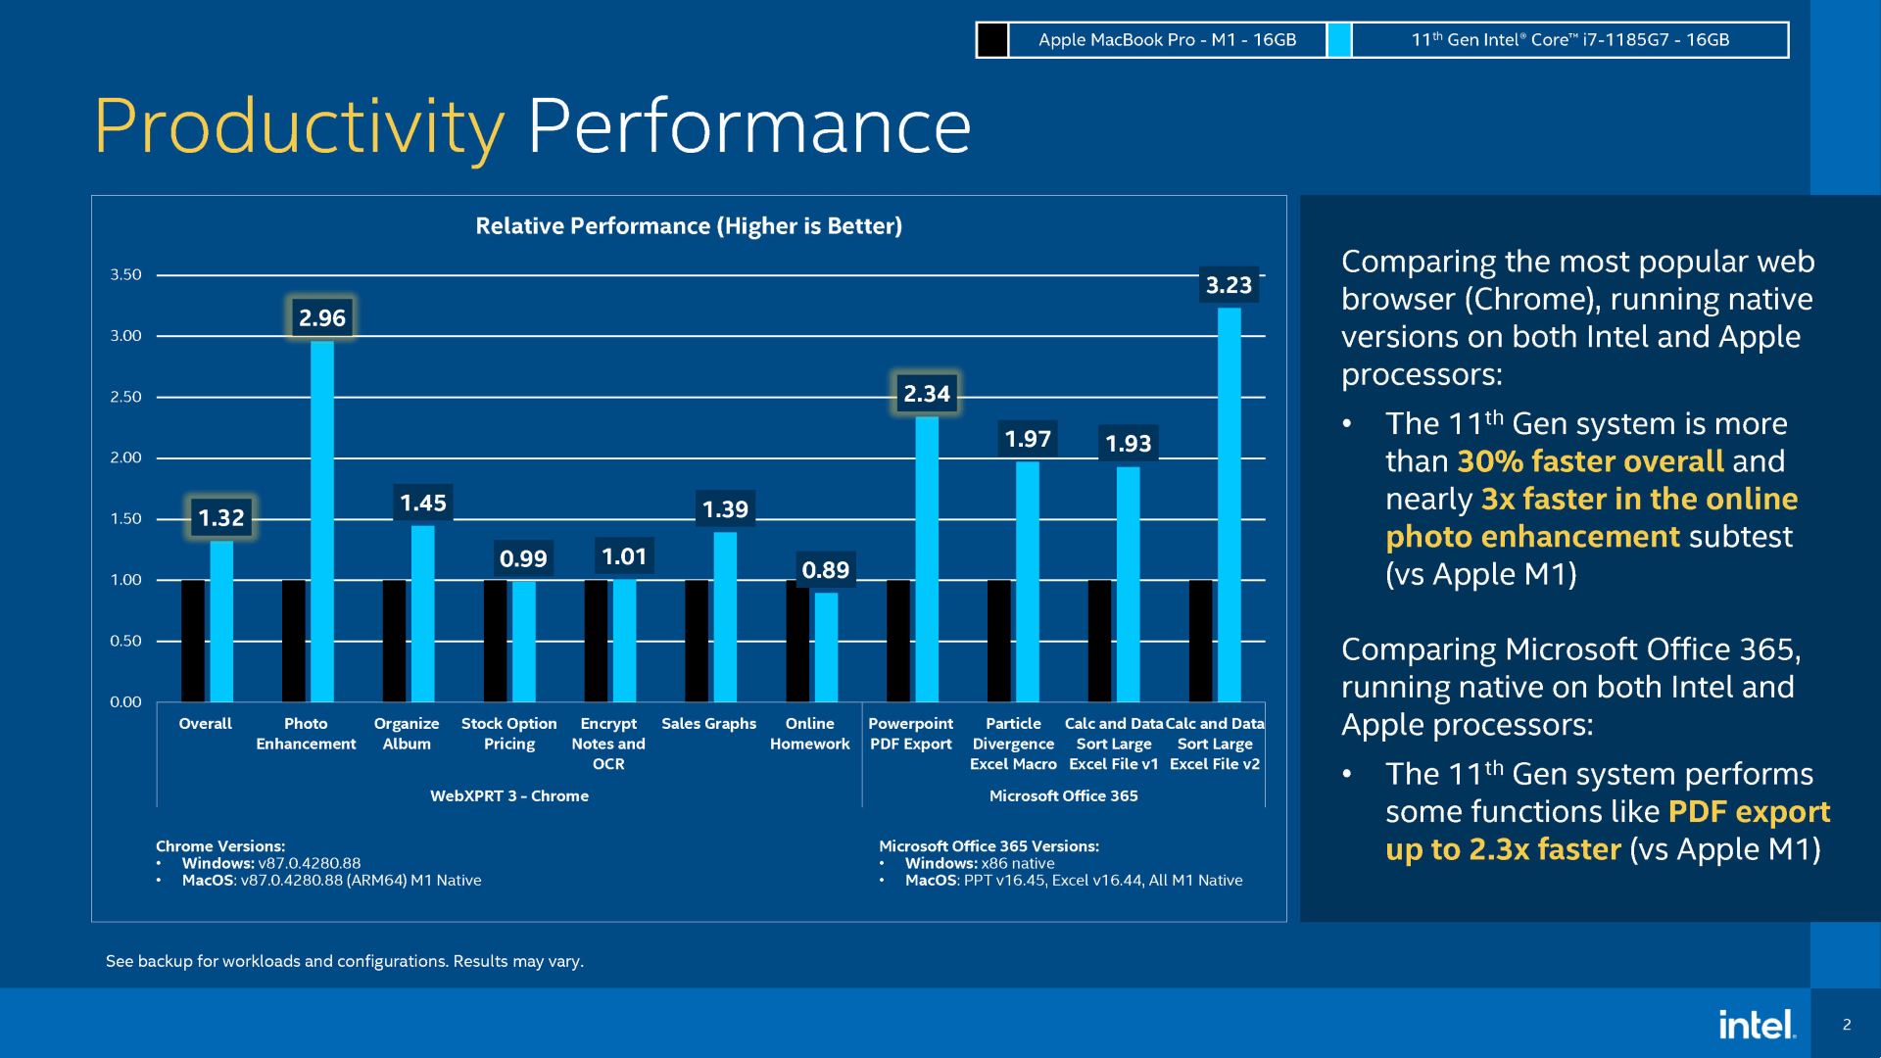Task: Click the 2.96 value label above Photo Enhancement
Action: [x=321, y=317]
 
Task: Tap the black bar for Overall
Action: [x=193, y=641]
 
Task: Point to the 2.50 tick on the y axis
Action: [x=125, y=397]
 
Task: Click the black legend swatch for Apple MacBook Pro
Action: [x=991, y=40]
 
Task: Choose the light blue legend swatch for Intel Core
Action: [x=1339, y=40]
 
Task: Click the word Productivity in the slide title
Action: [x=299, y=126]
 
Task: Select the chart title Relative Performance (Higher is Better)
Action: [x=689, y=226]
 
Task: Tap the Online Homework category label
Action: [x=809, y=734]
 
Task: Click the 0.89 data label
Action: [x=825, y=570]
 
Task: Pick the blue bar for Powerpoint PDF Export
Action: [x=927, y=558]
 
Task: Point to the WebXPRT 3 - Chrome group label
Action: [x=509, y=795]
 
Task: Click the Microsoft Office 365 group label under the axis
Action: [x=1063, y=795]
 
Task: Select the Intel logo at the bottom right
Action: [x=1757, y=1025]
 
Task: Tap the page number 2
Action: [x=1847, y=1025]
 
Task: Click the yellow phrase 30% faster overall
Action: [x=1590, y=461]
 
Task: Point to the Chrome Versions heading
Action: [x=220, y=845]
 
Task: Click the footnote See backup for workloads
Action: [x=344, y=961]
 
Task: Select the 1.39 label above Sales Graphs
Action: [x=725, y=509]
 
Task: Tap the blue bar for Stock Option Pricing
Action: [x=524, y=641]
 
